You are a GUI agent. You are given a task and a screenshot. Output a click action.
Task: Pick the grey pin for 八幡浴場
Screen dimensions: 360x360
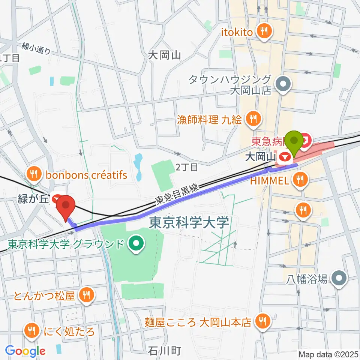[340, 279]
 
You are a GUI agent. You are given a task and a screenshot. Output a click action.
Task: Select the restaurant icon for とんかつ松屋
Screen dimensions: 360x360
[87, 296]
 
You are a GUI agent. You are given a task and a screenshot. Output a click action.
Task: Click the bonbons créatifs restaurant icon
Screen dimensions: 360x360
[34, 174]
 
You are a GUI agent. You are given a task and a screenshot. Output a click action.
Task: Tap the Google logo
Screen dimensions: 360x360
[25, 351]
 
